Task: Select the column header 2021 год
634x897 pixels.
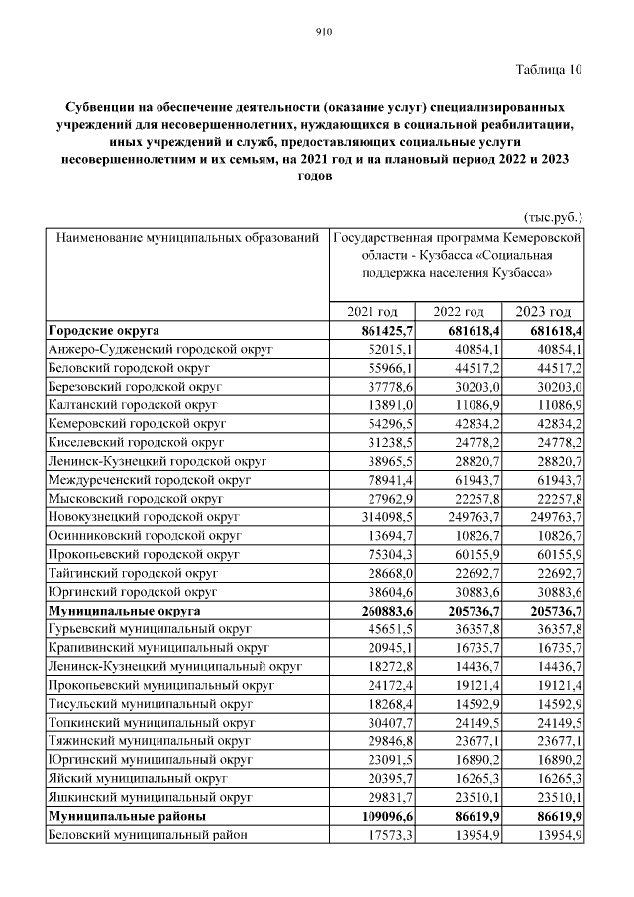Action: (x=372, y=311)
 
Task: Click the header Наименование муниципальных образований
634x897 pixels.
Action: (x=187, y=239)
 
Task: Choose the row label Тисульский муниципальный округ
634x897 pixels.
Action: (x=150, y=704)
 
